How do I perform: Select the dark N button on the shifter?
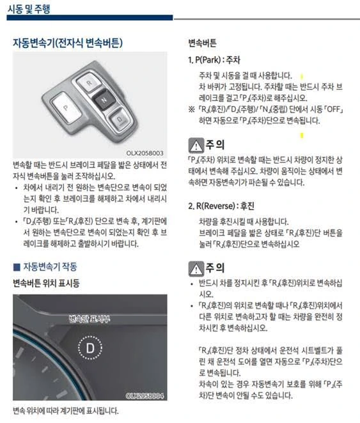(104, 100)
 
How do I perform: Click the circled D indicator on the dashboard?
(90, 348)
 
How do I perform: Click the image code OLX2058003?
(145, 153)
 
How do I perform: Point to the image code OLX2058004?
(145, 396)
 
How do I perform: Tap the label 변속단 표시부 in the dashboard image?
(90, 319)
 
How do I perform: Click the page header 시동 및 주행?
(29, 9)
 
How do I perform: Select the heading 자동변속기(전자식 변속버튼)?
(68, 43)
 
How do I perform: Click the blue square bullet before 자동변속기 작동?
(17, 267)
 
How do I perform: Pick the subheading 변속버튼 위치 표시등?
(46, 283)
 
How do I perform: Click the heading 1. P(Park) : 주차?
(214, 59)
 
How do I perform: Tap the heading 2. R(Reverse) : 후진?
(221, 206)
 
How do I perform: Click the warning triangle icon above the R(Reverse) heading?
(196, 146)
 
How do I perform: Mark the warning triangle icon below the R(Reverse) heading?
(196, 269)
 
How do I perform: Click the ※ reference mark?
(191, 109)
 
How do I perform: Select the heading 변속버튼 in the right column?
(202, 43)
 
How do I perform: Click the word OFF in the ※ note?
(334, 109)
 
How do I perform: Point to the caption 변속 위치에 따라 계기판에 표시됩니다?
(66, 411)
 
